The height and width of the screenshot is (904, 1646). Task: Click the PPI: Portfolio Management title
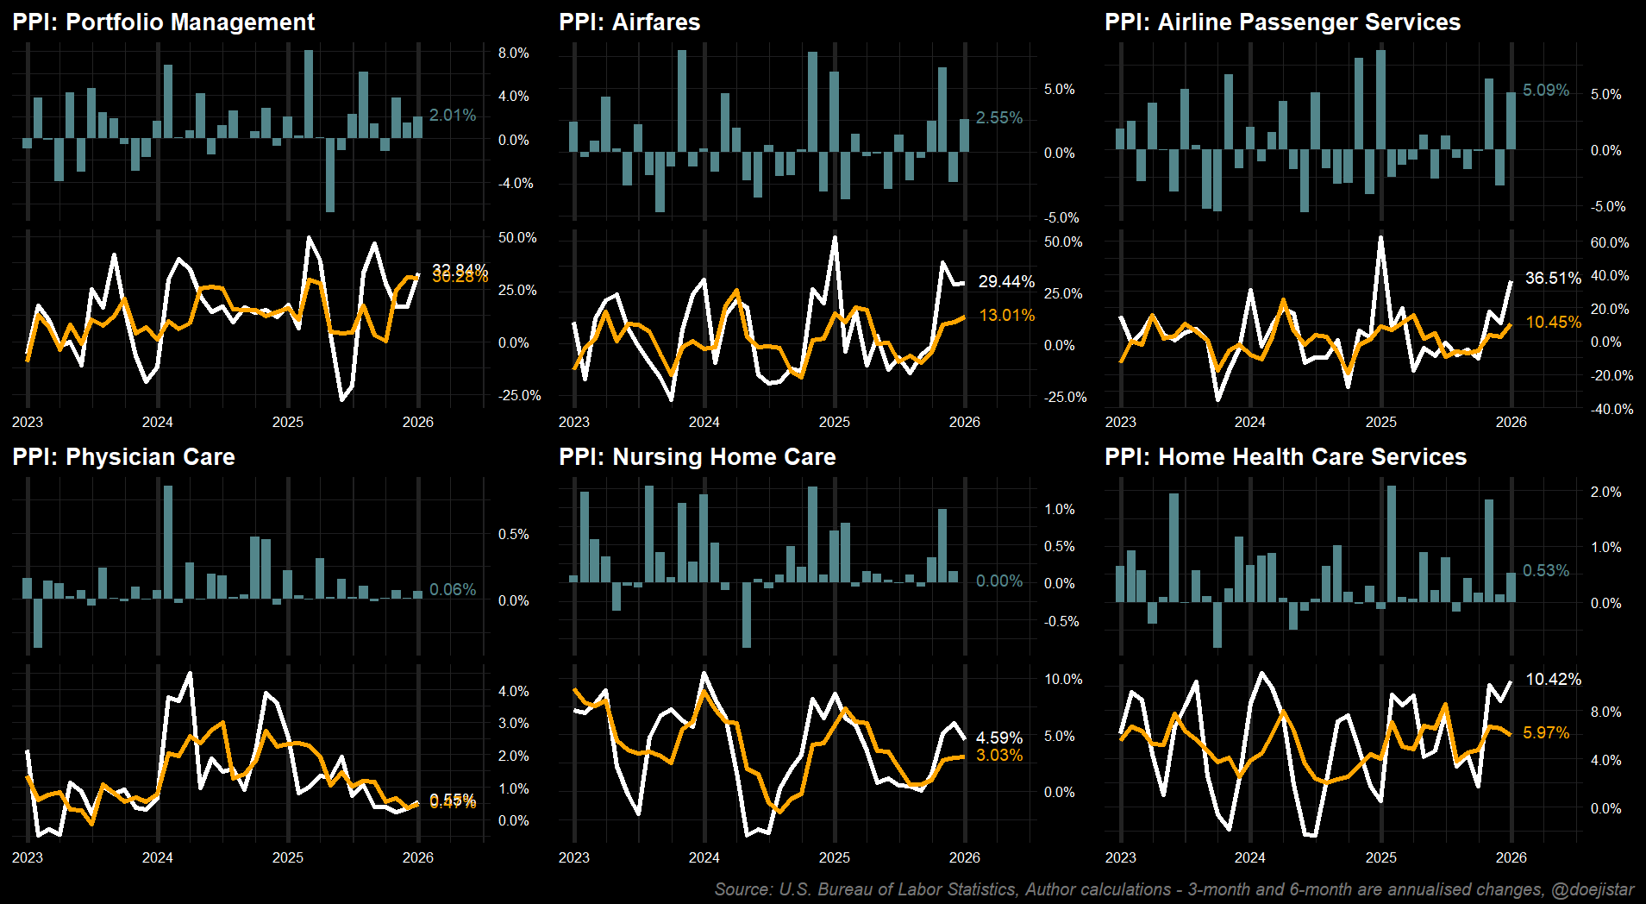(164, 22)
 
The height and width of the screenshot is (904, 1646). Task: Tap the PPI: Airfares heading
(629, 22)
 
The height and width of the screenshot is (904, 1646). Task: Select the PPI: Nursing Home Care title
(697, 457)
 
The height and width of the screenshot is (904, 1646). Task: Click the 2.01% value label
(453, 116)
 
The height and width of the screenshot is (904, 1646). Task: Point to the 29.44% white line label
(1006, 282)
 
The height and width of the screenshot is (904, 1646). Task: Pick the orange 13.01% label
(1007, 316)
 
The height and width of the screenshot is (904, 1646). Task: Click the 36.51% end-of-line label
(1553, 279)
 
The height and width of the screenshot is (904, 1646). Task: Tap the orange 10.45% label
(1554, 323)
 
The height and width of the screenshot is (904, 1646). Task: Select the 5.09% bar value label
(1546, 91)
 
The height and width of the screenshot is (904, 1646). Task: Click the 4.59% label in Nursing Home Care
(999, 738)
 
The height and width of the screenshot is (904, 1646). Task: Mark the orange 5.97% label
(1546, 733)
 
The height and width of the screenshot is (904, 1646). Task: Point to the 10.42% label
(1553, 680)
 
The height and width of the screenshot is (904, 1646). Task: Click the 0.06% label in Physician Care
(453, 590)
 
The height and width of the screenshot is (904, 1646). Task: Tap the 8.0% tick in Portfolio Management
(514, 53)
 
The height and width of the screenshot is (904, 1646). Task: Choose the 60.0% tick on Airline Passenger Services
(1610, 243)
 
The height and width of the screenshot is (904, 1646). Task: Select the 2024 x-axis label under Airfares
(704, 423)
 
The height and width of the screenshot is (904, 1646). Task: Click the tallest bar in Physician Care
(168, 542)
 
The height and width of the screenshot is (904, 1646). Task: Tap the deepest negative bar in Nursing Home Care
(747, 614)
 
